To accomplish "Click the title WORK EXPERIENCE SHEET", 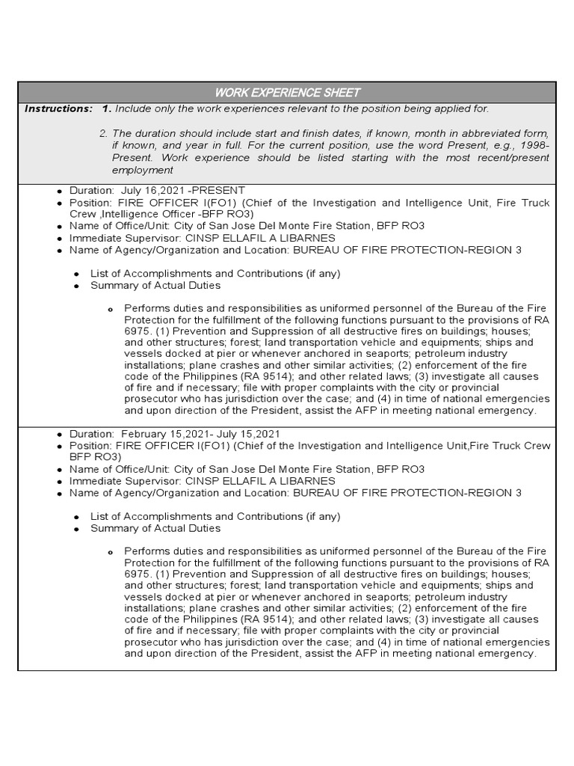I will tap(287, 93).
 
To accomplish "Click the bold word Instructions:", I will tap(58, 109).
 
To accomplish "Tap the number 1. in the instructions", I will tap(107, 109).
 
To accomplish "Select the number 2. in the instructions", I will tap(103, 133).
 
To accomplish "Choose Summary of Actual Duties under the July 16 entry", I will tap(155, 286).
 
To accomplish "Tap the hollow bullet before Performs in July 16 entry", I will tap(110, 309).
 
